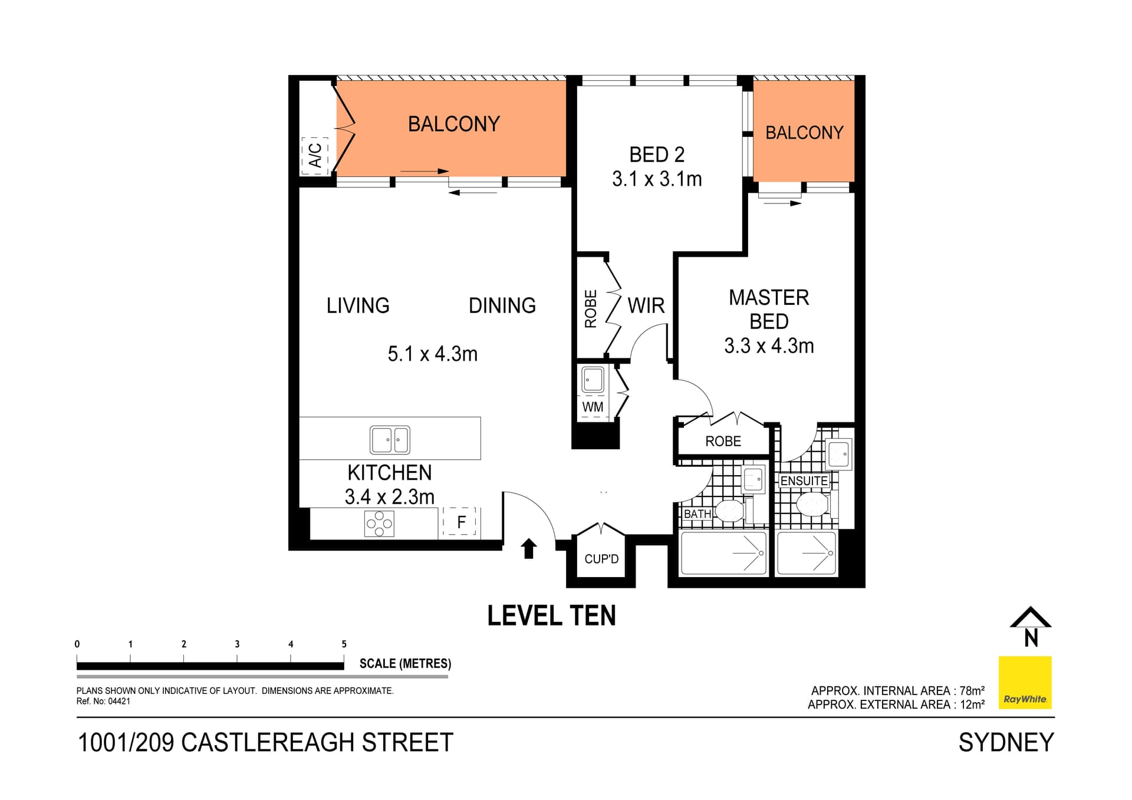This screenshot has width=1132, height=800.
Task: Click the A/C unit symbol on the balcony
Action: pos(314,156)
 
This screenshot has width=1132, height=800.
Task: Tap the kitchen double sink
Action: pos(390,440)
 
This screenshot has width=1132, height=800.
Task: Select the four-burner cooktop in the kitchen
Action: pos(379,524)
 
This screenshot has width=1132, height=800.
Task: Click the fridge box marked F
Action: pos(460,522)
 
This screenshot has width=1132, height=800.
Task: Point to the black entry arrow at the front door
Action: pos(529,548)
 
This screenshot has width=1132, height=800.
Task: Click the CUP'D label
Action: pos(601,559)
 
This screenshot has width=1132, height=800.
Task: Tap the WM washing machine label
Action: pos(593,407)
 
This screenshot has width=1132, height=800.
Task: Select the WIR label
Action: pos(646,305)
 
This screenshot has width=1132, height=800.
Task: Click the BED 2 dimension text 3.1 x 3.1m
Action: pos(657,179)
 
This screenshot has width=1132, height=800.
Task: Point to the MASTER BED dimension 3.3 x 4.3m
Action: pos(769,346)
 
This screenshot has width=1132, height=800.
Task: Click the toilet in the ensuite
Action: pos(812,505)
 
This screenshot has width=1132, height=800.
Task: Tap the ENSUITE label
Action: pos(804,481)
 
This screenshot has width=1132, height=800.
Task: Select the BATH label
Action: pos(697,514)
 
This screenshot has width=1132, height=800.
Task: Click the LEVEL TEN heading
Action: pos(551,616)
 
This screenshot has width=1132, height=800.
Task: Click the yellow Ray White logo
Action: pos(1025,682)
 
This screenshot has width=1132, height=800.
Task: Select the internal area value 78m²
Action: pos(972,690)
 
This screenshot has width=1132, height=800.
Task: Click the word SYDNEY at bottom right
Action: pos(1006,743)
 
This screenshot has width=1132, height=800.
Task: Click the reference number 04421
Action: pos(119,702)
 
